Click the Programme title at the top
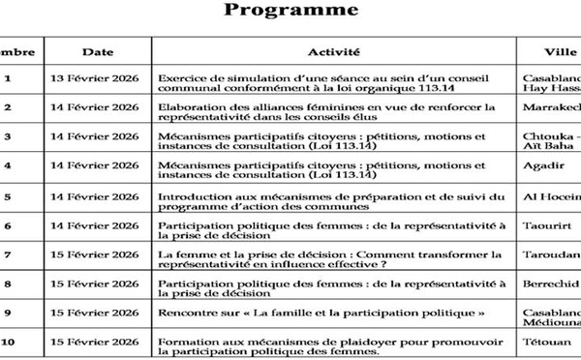[x=290, y=12]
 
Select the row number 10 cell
[x=9, y=342]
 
